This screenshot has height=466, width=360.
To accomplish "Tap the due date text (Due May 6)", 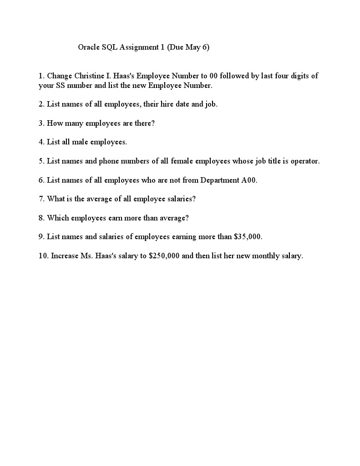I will [x=188, y=47].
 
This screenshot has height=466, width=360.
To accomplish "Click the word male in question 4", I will [x=80, y=142].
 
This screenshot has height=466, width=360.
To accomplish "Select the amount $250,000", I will [x=164, y=256].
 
